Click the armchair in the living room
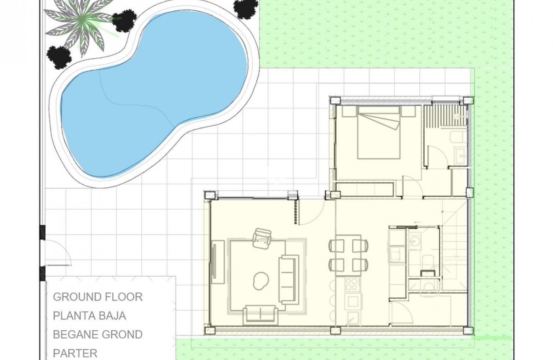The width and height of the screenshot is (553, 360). coord(262,238)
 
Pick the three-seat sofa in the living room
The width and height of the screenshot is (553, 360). coord(288,279)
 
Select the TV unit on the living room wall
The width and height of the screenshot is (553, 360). coord(217,262)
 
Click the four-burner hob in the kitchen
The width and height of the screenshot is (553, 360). coord(352,285)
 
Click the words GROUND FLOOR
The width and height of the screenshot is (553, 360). coord(98,297)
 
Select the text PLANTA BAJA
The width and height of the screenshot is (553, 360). coord(89,316)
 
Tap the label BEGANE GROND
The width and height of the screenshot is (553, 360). coord(98,334)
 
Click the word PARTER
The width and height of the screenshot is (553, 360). coord(75,353)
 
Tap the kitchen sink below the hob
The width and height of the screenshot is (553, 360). coord(353,301)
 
